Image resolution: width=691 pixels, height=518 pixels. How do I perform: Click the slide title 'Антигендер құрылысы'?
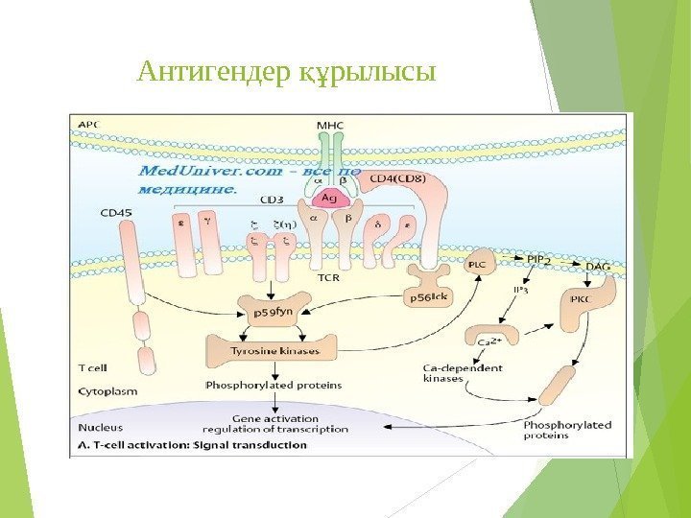click(286, 72)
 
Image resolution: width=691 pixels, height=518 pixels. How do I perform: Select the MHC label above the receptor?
click(330, 125)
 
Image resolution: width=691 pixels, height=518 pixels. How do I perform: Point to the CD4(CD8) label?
click(398, 177)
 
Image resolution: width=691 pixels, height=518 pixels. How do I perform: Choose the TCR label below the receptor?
click(328, 279)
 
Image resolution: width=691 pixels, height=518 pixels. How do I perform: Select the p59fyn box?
click(271, 312)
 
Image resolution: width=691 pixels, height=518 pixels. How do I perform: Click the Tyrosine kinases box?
click(262, 351)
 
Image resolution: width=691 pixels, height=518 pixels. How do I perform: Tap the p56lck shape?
click(429, 297)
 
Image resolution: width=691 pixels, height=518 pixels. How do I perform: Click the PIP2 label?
click(540, 259)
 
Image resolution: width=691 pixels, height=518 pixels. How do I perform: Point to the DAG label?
click(596, 265)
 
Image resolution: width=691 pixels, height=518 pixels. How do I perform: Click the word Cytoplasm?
click(107, 391)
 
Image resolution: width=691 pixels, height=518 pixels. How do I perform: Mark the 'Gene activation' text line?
click(274, 418)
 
